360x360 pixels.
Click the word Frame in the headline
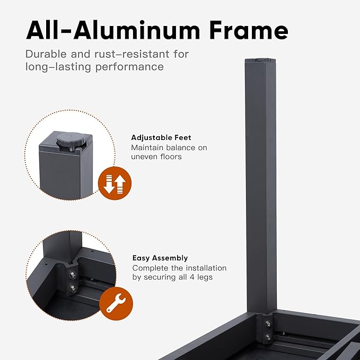click(x=249, y=30)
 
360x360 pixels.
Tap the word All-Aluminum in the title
click(x=113, y=30)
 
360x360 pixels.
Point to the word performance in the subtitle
click(x=129, y=67)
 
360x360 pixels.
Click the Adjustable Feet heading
click(x=161, y=137)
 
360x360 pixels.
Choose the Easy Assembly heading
click(x=160, y=258)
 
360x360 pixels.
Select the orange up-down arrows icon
click(x=115, y=183)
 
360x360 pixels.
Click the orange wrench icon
click(x=116, y=303)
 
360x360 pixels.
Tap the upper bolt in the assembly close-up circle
click(x=73, y=275)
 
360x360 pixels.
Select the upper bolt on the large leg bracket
click(x=268, y=324)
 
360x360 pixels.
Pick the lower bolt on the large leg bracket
click(x=268, y=337)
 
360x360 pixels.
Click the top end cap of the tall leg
click(x=260, y=60)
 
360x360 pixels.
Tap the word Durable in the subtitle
click(x=46, y=54)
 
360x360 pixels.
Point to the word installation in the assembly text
click(x=206, y=268)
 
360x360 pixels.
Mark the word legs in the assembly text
click(x=205, y=277)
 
